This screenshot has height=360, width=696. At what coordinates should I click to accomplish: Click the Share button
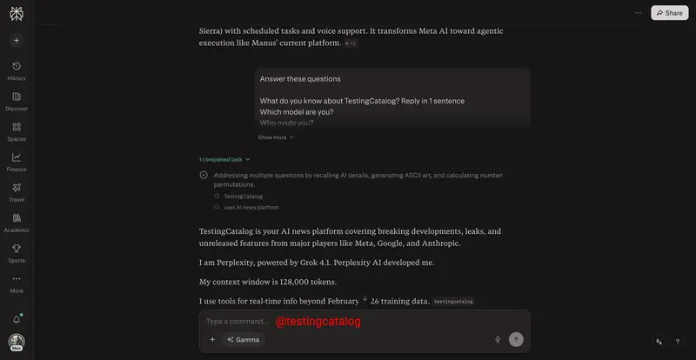[669, 13]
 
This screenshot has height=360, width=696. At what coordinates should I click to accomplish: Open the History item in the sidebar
[17, 70]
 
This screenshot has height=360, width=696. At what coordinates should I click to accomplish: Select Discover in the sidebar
[17, 100]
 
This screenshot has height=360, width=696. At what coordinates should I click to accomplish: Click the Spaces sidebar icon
[17, 130]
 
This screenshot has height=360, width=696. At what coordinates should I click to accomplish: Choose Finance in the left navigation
[17, 161]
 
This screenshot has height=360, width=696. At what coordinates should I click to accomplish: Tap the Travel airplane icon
[17, 191]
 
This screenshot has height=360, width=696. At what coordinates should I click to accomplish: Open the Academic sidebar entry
[17, 222]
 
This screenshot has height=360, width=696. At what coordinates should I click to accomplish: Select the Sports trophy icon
[17, 252]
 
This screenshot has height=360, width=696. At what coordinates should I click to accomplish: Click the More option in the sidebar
[17, 283]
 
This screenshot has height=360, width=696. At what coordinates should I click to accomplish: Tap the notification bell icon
[17, 319]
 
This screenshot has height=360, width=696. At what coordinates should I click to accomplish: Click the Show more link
[276, 137]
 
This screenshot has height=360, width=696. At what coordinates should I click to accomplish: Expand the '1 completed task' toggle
[224, 159]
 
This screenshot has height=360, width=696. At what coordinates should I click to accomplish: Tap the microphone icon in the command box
[498, 339]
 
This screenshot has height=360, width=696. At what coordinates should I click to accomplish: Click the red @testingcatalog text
[318, 322]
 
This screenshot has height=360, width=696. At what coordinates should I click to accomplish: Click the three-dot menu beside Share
[639, 13]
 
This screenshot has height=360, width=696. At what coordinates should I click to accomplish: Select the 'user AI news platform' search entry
[251, 207]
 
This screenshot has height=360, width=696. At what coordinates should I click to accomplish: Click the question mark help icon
[678, 342]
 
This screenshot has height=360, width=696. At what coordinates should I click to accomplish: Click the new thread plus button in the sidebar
[17, 40]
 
